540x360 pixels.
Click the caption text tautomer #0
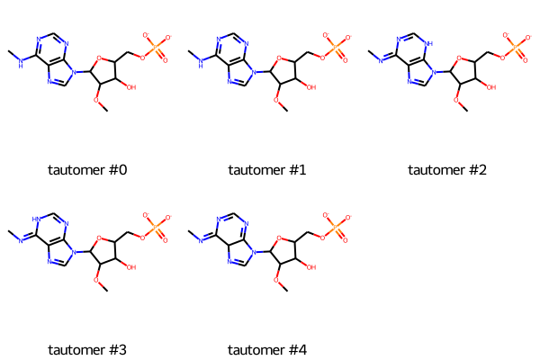pos(87,170)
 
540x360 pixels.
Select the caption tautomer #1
pos(267,170)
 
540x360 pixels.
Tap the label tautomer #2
pos(447,170)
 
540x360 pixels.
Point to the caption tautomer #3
pos(87,350)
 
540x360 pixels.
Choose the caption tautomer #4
pos(267,350)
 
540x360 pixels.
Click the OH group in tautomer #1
pos(311,87)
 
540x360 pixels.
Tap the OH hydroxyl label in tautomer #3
pos(131,267)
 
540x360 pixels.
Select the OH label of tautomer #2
pos(491,87)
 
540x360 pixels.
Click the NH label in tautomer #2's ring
pos(428,44)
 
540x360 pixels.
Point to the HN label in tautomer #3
pos(37,219)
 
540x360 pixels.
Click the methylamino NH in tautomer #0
pos(21,63)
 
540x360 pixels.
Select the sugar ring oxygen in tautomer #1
pos(279,58)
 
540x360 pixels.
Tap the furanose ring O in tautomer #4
pos(279,238)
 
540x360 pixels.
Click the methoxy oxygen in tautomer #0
pos(96,100)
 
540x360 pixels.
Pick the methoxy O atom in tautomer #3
pos(96,280)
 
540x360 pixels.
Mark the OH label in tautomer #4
pos(311,267)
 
